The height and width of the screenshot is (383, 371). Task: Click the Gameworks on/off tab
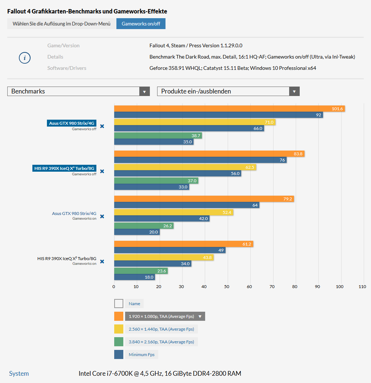coord(141,24)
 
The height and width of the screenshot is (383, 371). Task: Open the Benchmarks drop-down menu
coord(78,91)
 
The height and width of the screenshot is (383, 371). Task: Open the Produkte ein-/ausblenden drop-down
coord(228,91)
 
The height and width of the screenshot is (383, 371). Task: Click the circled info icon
coord(25,57)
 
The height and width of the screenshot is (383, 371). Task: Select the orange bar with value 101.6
coord(229,109)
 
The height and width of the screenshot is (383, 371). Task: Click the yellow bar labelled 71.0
coord(195,122)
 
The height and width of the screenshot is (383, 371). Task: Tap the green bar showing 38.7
coord(158,136)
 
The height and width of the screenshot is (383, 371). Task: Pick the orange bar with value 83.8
coord(209,154)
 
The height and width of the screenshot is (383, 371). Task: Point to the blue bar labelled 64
coord(187,205)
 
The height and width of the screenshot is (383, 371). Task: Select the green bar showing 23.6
coord(141,271)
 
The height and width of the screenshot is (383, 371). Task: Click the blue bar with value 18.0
coord(135,277)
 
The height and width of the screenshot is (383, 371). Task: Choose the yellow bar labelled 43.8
coord(164,257)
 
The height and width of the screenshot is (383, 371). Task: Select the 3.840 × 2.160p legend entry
coord(161,342)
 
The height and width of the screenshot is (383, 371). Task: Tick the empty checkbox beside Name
coord(119,304)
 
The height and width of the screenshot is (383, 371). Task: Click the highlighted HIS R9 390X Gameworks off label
coord(64,168)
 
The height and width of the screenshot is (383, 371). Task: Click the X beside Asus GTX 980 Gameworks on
coord(102,216)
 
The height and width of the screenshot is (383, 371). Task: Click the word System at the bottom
coord(19,374)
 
